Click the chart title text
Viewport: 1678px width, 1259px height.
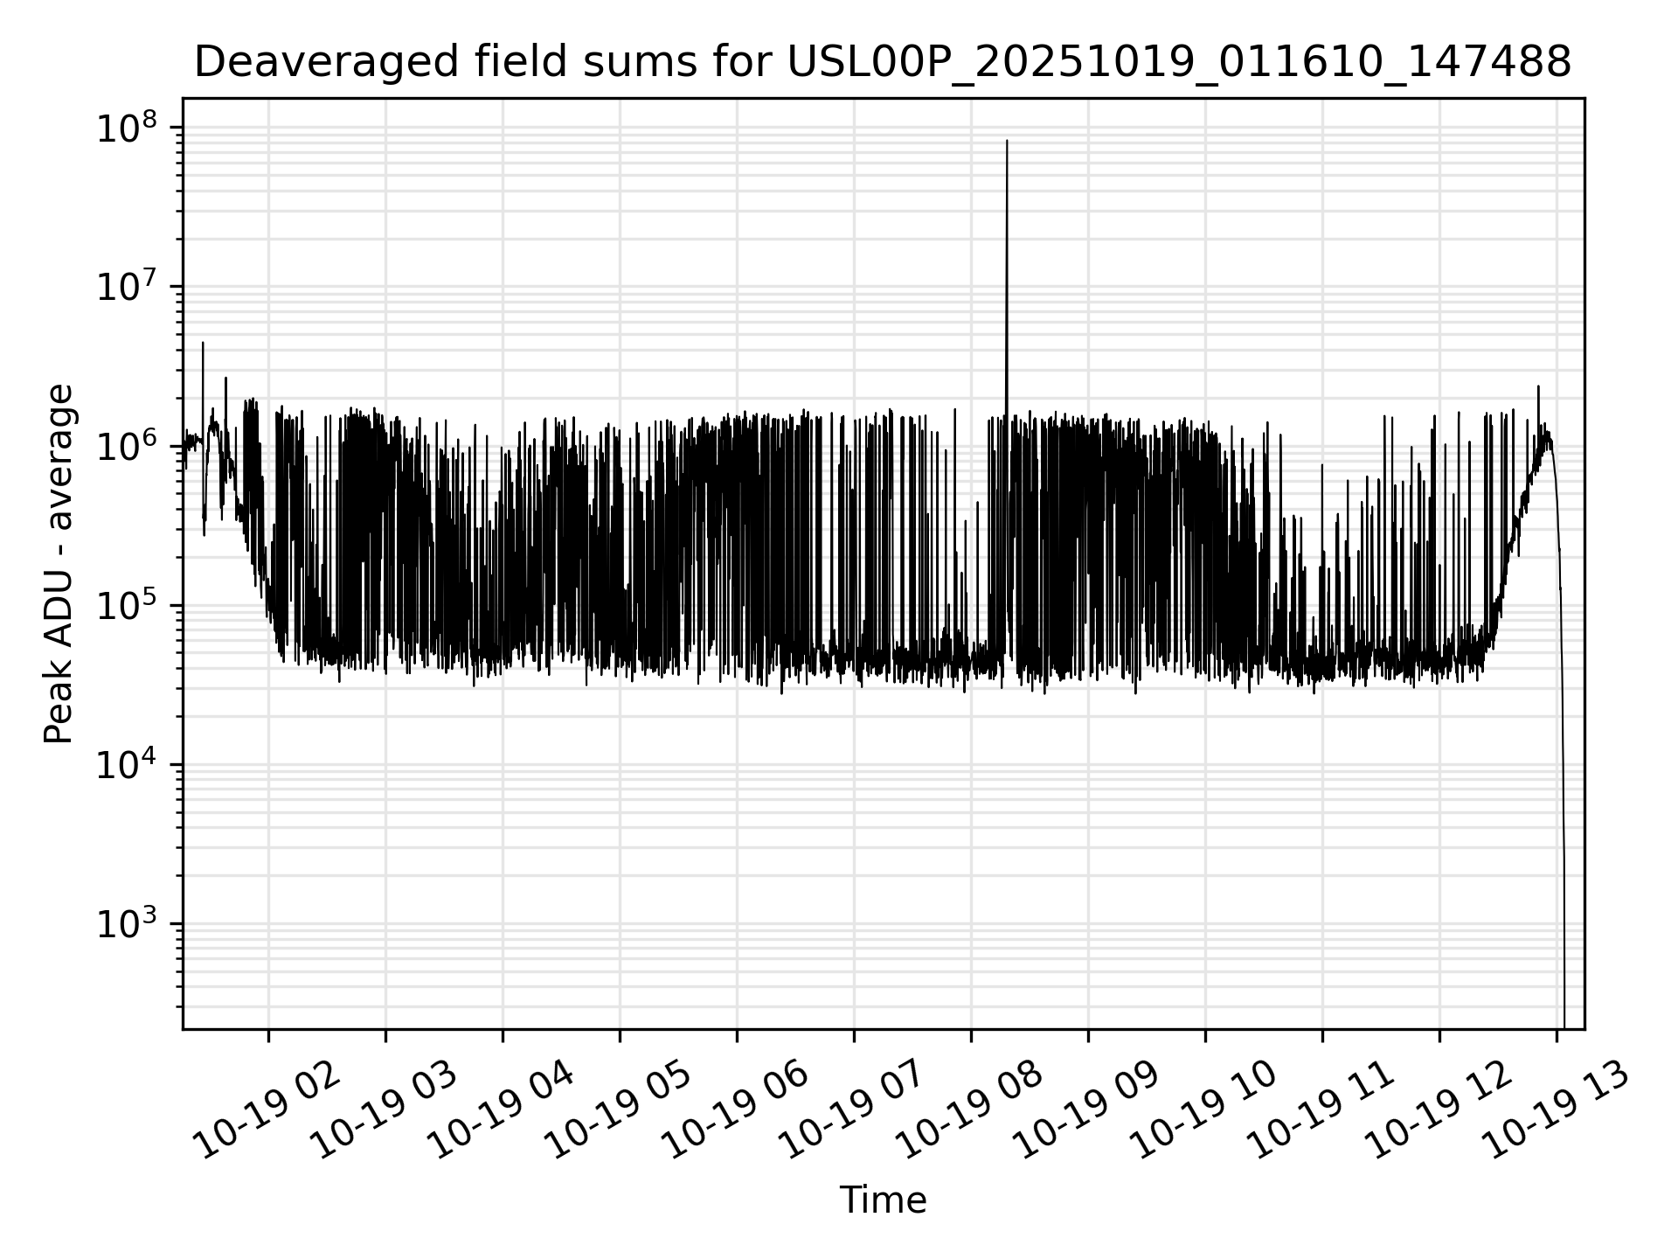(883, 63)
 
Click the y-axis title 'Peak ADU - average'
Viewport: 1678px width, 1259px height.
(59, 564)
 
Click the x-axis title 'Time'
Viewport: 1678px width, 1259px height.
(883, 1200)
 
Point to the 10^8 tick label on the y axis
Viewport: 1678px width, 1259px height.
(128, 129)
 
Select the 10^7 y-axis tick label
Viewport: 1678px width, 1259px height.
(128, 289)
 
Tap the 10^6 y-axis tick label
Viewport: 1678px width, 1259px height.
(128, 448)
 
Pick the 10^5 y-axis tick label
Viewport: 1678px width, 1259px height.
(128, 607)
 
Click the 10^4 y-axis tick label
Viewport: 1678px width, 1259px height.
(128, 766)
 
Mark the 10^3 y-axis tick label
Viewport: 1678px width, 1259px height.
(128, 925)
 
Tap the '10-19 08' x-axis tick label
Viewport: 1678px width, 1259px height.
(971, 1111)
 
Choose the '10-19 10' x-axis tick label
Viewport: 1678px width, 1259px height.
(1205, 1111)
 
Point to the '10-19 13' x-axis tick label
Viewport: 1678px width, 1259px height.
(1557, 1111)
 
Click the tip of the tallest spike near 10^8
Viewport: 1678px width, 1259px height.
(1007, 142)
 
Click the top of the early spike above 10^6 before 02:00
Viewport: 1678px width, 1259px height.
(203, 344)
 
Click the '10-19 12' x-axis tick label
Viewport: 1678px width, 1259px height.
(1439, 1111)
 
